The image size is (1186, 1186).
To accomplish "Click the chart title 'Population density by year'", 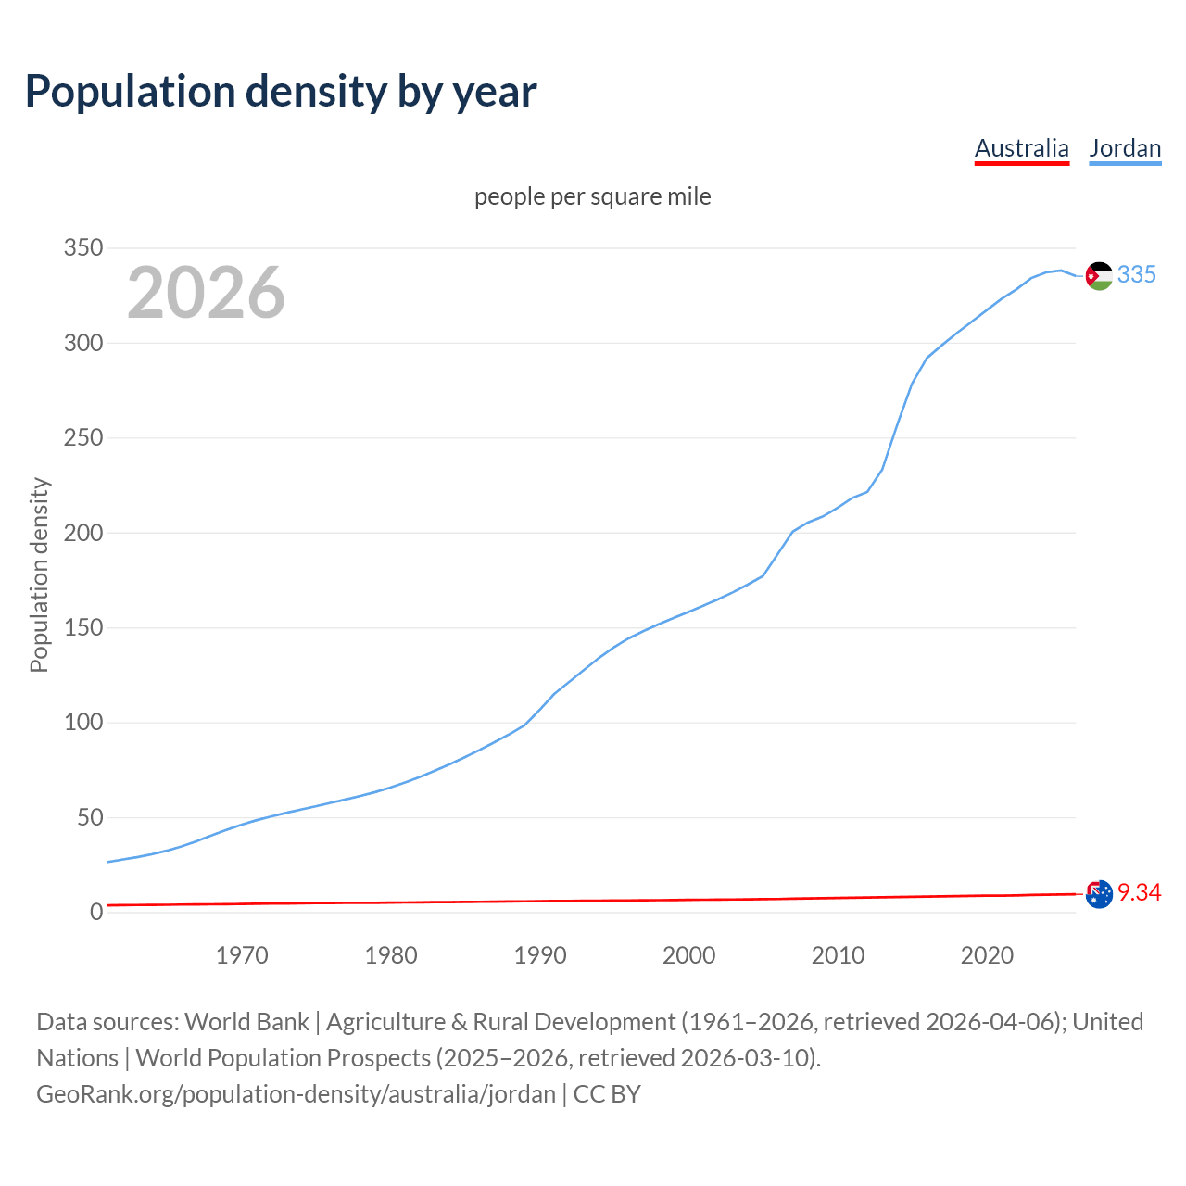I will pos(281,92).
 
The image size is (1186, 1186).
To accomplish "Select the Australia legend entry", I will pos(1021,148).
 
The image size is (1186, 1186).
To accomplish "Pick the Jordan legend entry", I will pos(1125,148).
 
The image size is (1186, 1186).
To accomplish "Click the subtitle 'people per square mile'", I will pos(593,196).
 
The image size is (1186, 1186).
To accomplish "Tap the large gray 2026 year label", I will pos(206,293).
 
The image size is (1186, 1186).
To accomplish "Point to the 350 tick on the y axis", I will pos(82,248).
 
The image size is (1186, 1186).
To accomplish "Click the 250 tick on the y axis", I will pos(82,438).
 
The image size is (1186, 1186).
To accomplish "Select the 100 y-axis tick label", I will pos(82,723).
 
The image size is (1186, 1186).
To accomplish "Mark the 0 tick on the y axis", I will pos(96,913).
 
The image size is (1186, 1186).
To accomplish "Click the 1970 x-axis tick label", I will pos(242,955).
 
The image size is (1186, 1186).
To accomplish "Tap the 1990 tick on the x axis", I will pos(540,955).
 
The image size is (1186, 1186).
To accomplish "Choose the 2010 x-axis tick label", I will pos(838,955).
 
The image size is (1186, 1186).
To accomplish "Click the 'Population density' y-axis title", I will pos(39,574).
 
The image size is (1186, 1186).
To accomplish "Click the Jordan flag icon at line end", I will pos(1099,276).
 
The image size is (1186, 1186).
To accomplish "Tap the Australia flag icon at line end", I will pos(1099,894).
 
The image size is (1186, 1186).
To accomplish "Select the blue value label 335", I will pos(1137,274).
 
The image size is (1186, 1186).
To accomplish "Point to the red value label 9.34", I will pos(1139,892).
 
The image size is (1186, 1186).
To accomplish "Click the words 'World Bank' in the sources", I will pos(246,1022).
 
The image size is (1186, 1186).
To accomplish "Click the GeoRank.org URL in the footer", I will pos(296,1094).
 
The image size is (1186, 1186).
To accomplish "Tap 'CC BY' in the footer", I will pos(607,1094).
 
